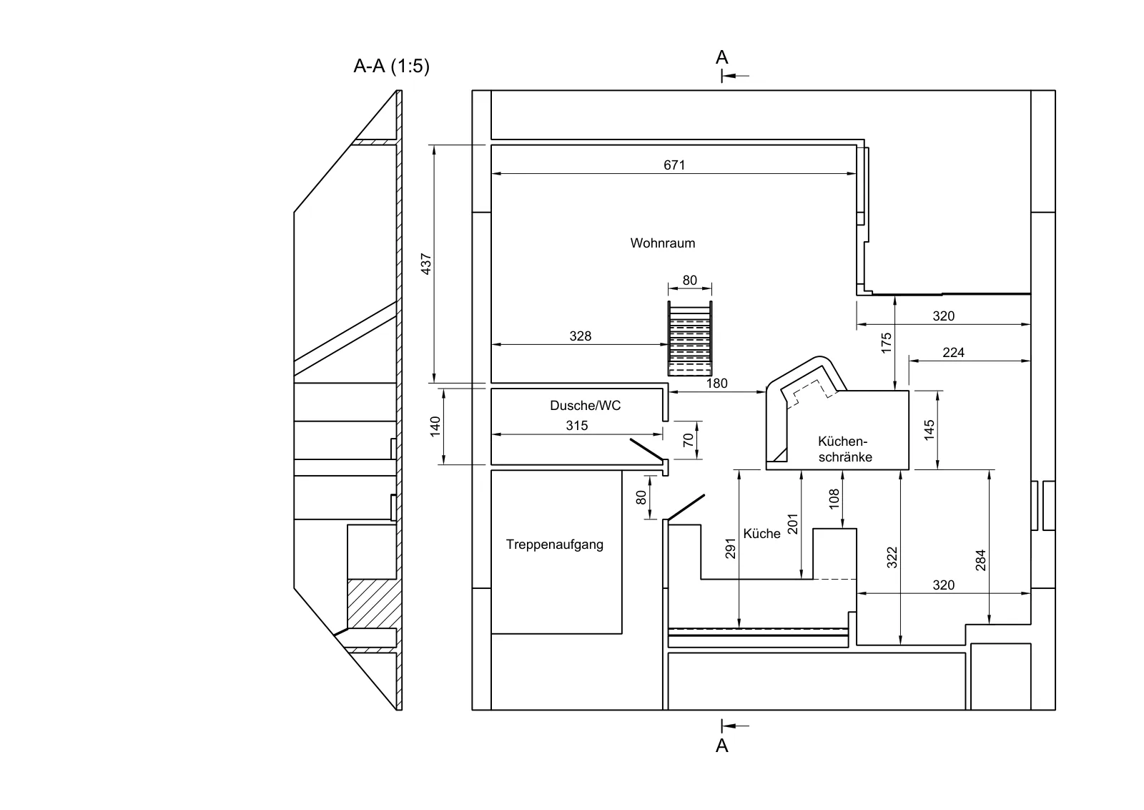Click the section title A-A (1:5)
click(392, 66)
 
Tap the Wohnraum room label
click(662, 243)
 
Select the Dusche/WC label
click(586, 406)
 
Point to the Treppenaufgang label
click(555, 545)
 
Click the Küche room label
click(761, 534)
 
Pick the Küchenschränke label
click(844, 449)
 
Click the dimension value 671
click(674, 165)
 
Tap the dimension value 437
click(426, 264)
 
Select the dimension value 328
click(580, 336)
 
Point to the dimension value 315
click(576, 426)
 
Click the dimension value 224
click(953, 353)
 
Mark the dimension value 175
click(886, 343)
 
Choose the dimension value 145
click(929, 430)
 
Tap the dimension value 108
click(834, 499)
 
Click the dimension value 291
click(730, 548)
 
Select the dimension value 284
click(980, 560)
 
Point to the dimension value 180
click(716, 384)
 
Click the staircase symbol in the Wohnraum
click(689, 339)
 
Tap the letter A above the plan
click(721, 57)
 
